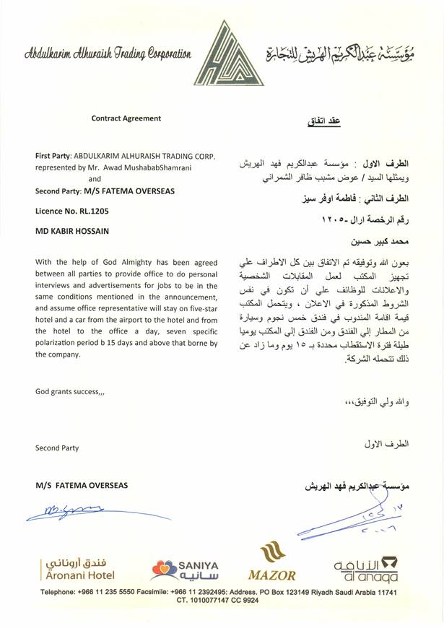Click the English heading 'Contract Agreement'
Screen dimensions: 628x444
126,118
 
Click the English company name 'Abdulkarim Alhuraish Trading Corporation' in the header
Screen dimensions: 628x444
107,53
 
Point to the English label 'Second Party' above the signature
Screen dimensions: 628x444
56,448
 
